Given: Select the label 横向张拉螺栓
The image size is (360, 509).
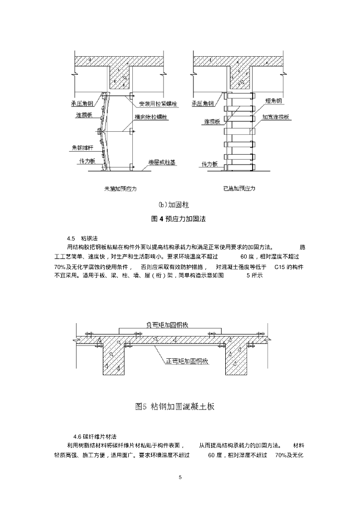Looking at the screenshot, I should (x=151, y=116).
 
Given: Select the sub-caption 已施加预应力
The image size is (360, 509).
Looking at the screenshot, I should (x=239, y=188).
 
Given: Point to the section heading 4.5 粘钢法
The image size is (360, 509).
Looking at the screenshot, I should (x=81, y=239).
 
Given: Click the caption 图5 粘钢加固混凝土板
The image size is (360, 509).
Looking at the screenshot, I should (x=175, y=407).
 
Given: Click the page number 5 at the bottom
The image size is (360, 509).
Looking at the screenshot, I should (x=180, y=477).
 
